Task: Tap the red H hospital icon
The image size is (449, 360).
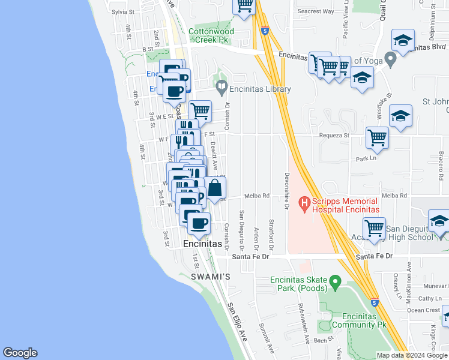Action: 304,205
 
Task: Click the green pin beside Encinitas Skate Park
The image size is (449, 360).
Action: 336,281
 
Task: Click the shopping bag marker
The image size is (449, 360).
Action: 215,188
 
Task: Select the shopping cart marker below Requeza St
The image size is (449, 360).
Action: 377,138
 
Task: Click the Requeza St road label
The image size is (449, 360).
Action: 334,136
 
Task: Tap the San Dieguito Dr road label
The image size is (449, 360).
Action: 242,230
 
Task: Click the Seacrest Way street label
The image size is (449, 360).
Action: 315,11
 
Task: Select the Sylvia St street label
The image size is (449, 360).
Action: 124,11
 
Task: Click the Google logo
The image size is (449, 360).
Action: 20,353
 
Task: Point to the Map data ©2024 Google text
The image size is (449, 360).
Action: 412,355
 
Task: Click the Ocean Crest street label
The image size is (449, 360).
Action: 424,310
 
